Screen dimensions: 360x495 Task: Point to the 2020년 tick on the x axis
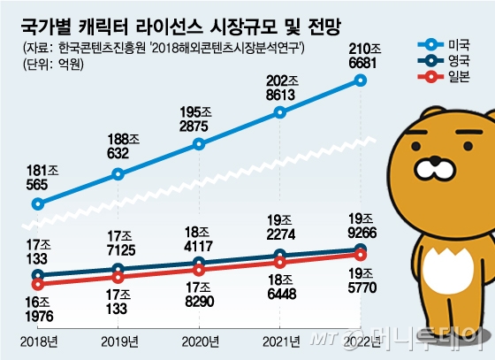200,342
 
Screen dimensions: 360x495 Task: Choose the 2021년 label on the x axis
279,342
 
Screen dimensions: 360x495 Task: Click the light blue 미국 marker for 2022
360,80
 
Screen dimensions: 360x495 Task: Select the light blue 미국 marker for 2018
37,204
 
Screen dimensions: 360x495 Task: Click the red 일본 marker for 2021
279,261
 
